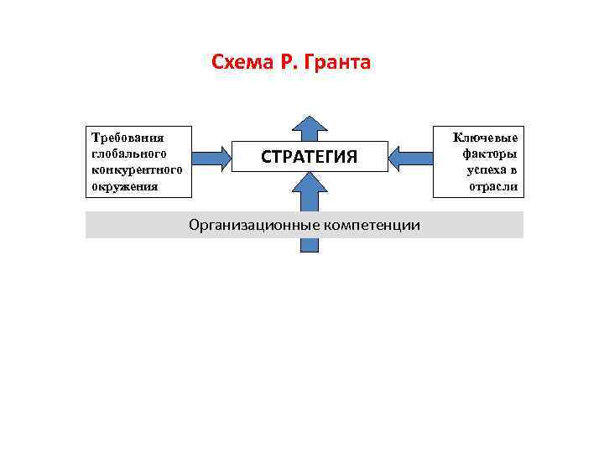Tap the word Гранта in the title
[340, 62]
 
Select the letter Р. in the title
[288, 62]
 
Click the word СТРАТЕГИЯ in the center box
[310, 157]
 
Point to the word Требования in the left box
[128, 137]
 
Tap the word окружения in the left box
[124, 185]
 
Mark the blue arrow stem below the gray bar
[310, 245]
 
